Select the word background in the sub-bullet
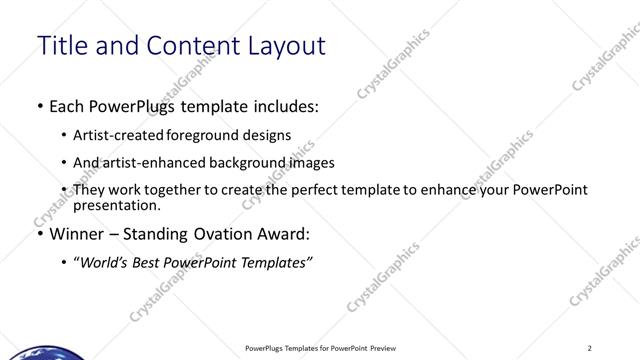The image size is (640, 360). (x=243, y=162)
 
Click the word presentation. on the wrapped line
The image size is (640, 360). (x=117, y=205)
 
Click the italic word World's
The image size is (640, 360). (x=105, y=262)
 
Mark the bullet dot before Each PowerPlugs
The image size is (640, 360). (x=39, y=105)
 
